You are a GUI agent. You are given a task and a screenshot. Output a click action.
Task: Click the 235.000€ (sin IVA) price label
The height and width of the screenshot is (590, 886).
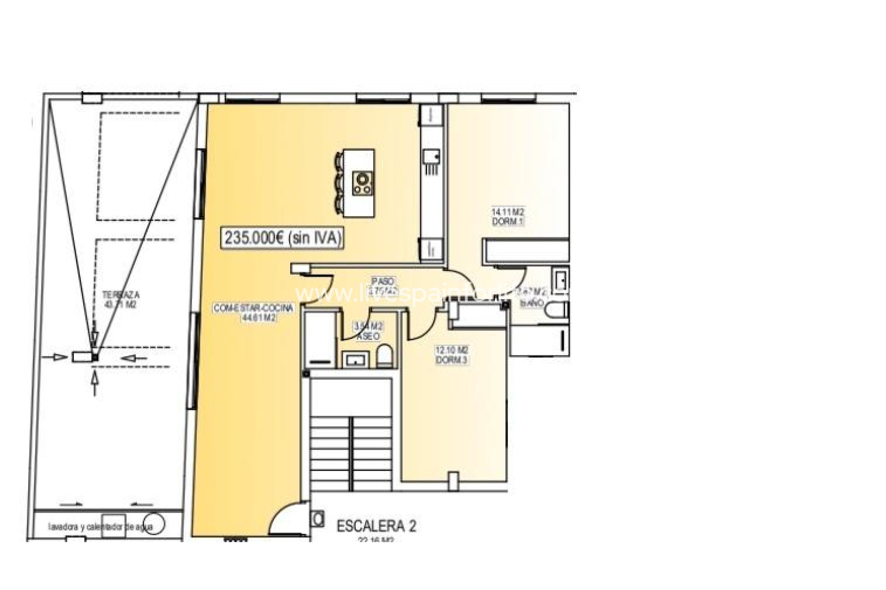point(283,238)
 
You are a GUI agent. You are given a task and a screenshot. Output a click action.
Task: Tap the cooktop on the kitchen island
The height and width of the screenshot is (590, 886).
point(363,183)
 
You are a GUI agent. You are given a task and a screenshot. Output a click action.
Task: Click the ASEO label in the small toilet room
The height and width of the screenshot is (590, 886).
point(368,336)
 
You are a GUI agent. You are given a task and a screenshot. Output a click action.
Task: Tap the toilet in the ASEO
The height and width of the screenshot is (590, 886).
point(384,356)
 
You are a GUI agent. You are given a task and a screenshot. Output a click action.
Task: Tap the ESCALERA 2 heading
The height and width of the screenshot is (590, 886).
point(376,526)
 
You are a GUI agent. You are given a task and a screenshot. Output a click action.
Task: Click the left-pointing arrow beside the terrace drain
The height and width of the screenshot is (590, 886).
point(135,357)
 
